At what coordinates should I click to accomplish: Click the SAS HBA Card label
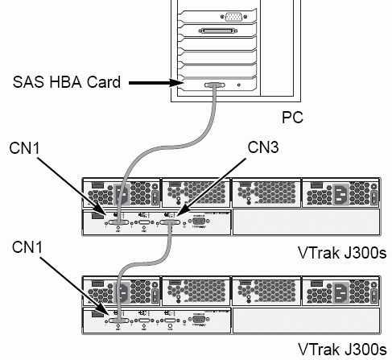(67, 82)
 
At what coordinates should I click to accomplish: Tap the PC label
(292, 117)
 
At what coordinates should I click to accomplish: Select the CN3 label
(263, 147)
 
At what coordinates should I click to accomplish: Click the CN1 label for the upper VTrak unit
(24, 148)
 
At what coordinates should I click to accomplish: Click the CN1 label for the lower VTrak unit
(27, 247)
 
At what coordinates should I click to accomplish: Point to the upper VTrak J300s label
(342, 253)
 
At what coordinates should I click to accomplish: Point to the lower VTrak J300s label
(342, 350)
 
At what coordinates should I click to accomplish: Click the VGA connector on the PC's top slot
(233, 17)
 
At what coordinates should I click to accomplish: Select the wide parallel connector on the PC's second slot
(218, 31)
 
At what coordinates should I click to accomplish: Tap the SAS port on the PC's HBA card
(215, 85)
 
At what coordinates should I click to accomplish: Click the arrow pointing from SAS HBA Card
(156, 83)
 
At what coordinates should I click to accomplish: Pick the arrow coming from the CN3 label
(211, 187)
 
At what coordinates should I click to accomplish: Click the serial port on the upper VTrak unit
(199, 221)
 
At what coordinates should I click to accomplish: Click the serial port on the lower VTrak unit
(199, 319)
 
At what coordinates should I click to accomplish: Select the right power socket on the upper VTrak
(341, 194)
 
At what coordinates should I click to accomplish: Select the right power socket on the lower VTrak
(341, 292)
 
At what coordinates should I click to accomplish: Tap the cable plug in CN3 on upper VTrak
(170, 222)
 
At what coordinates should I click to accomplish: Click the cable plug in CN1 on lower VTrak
(118, 321)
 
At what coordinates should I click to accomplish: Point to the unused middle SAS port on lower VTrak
(144, 321)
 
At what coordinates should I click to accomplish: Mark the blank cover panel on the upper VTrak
(307, 221)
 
